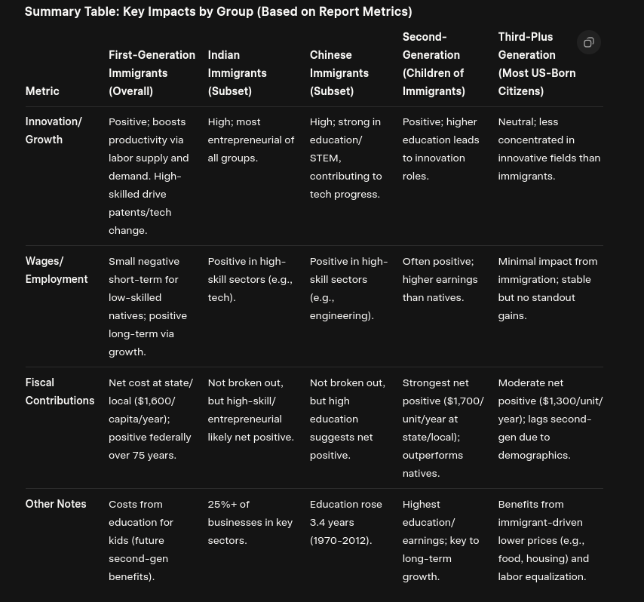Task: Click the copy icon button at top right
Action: (x=589, y=42)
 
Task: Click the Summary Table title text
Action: (x=218, y=11)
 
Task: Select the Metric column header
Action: (x=42, y=91)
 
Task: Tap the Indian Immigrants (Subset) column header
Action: (x=237, y=73)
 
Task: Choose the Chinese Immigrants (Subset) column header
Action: (x=339, y=73)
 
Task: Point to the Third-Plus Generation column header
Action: (x=536, y=64)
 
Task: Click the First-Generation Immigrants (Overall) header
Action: (x=152, y=73)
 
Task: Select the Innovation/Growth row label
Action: (x=54, y=131)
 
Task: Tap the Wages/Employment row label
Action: (x=56, y=270)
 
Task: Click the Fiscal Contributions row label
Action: (x=60, y=392)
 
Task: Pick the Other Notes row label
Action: (x=56, y=504)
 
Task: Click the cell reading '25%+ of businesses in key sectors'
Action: (x=250, y=522)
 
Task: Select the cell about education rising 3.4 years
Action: (x=345, y=522)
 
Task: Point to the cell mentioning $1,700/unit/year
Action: (x=443, y=428)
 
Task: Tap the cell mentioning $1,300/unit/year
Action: (x=550, y=419)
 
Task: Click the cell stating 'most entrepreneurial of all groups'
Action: (x=250, y=140)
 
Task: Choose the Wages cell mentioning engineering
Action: (x=348, y=288)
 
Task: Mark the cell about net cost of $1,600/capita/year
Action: (x=151, y=419)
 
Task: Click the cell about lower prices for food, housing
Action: (x=543, y=540)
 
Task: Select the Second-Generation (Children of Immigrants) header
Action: (x=433, y=64)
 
